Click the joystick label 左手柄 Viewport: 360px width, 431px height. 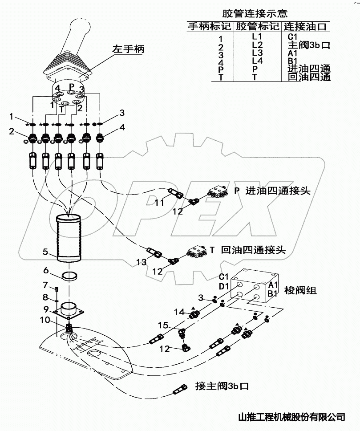[x=128, y=49]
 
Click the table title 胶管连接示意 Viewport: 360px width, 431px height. [x=255, y=13]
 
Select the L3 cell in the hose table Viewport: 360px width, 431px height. [x=257, y=53]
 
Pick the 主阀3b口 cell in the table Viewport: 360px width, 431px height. [x=309, y=45]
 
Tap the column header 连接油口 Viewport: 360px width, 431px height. [x=305, y=27]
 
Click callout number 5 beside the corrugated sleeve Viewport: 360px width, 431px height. [x=45, y=252]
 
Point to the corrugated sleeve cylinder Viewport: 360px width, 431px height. [x=69, y=238]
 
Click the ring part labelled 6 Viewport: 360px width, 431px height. [x=69, y=276]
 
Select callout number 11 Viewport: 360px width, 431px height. [x=159, y=203]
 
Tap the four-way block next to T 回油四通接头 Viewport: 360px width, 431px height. [x=197, y=251]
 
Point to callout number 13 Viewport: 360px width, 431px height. [x=141, y=262]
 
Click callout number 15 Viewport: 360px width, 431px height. [x=163, y=325]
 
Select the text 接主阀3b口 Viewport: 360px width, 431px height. [x=222, y=386]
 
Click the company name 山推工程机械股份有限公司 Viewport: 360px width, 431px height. [x=291, y=417]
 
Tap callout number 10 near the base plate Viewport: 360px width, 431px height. [x=44, y=320]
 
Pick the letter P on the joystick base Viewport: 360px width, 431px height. [x=72, y=85]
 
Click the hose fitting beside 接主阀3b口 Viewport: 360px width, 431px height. [x=180, y=389]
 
